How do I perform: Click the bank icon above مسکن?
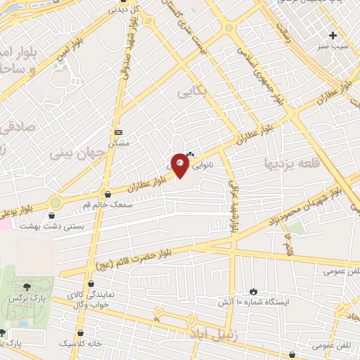[117, 132]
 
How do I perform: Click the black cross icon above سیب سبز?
[333, 34]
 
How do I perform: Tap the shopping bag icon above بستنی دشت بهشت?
[53, 216]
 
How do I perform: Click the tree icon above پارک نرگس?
[27, 287]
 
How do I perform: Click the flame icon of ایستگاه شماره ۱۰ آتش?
[253, 290]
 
